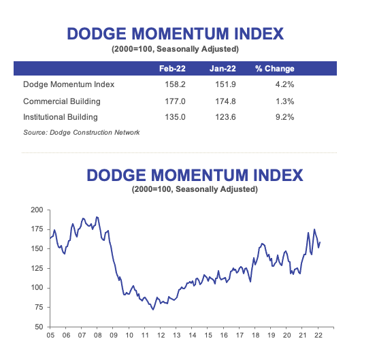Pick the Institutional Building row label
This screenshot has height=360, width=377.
60,116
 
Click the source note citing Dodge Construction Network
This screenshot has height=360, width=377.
82,132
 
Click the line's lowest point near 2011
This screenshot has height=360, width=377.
153,309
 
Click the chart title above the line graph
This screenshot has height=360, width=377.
195,176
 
